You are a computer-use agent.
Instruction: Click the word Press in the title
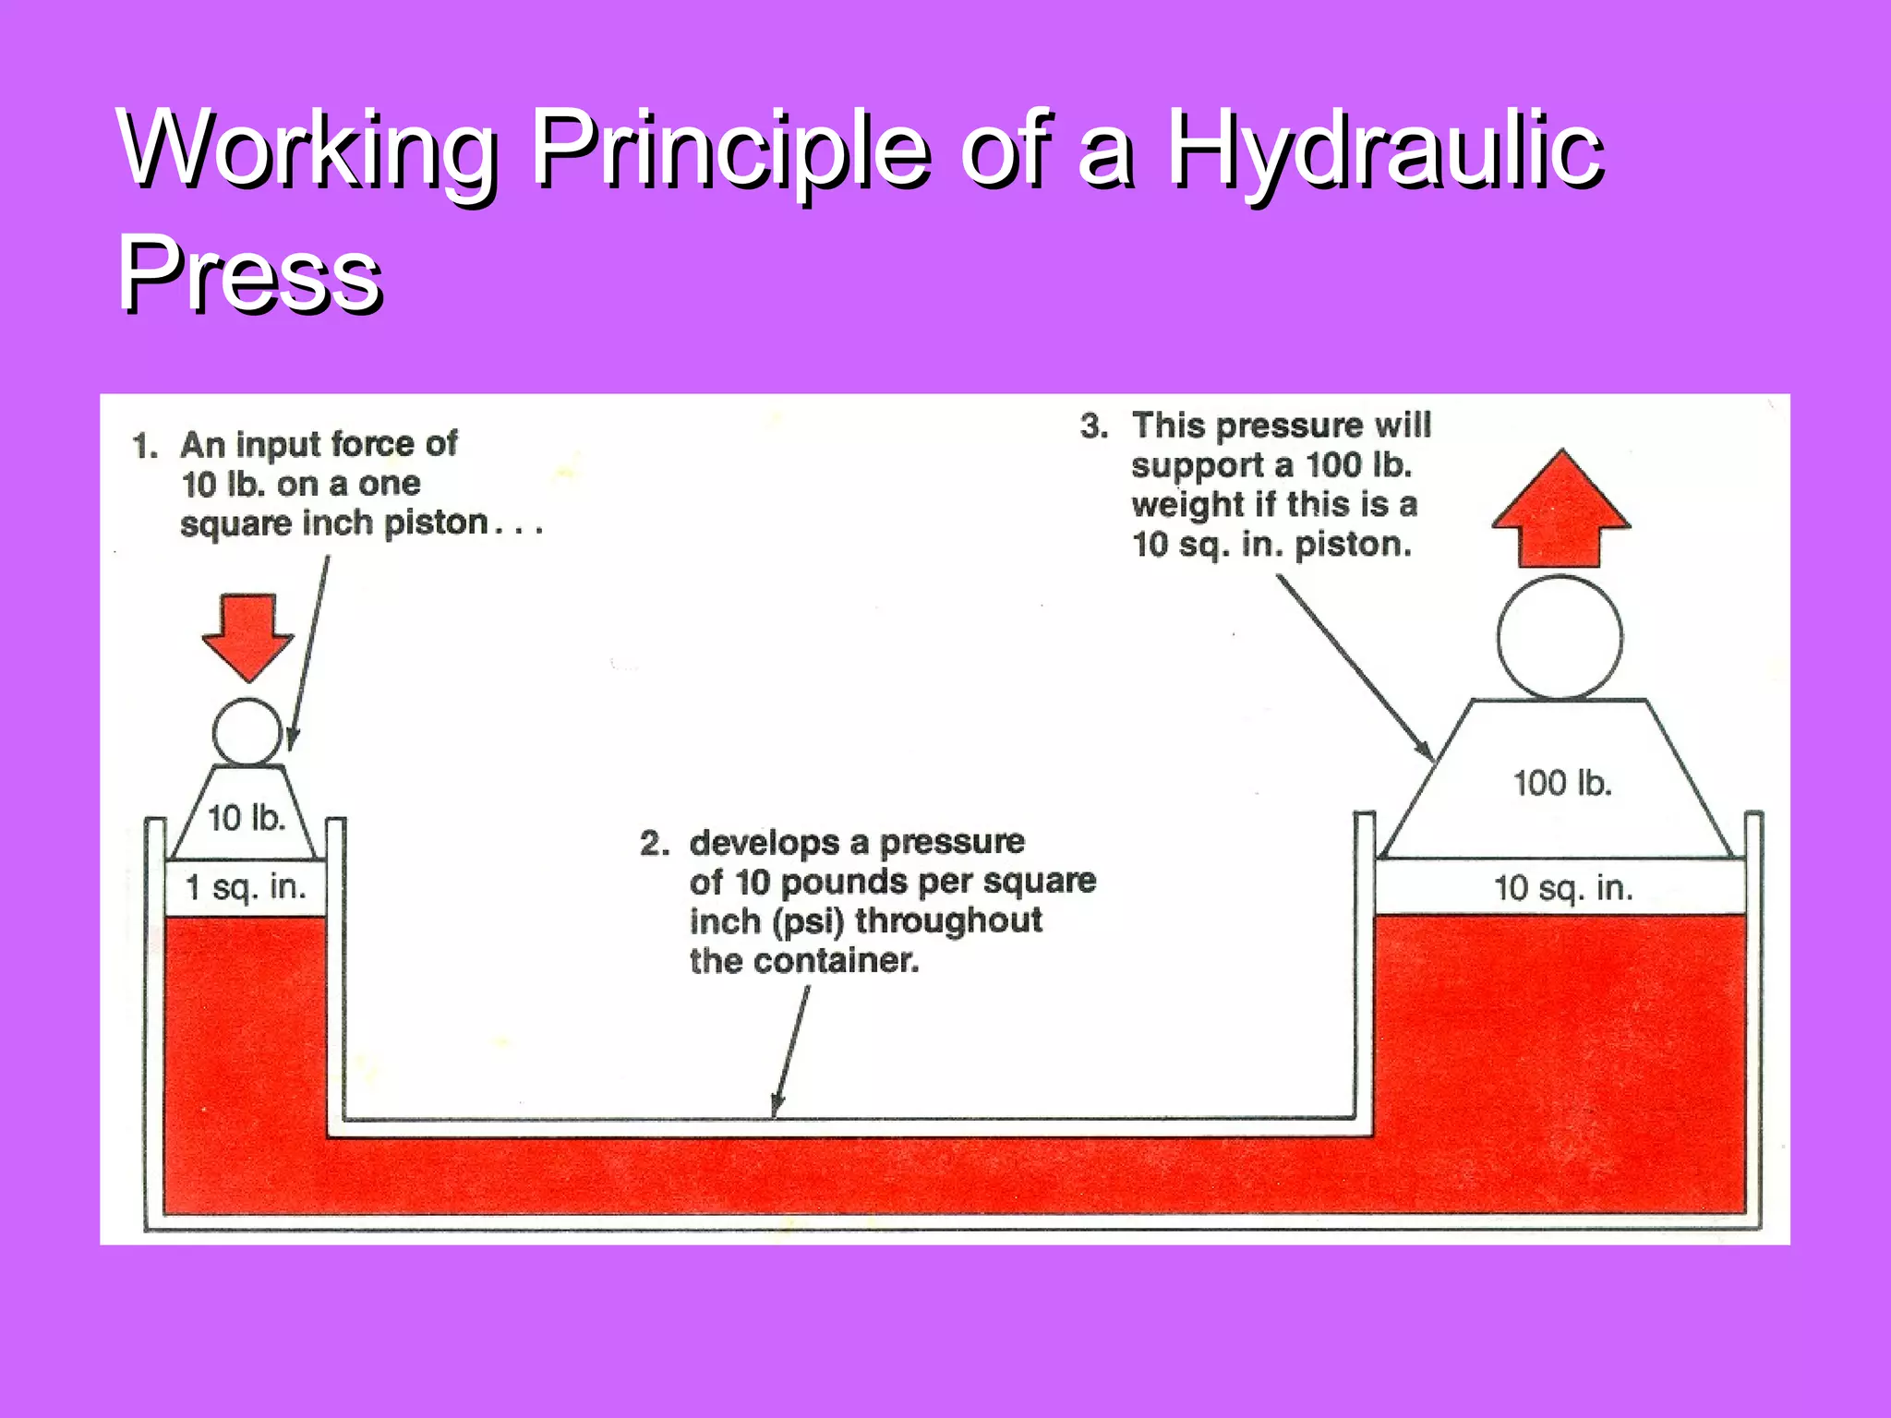click(x=249, y=273)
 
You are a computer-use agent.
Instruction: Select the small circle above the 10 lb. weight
click(x=247, y=731)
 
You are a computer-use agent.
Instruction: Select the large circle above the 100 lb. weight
click(x=1560, y=637)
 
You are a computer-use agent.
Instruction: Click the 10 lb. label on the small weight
click(x=246, y=818)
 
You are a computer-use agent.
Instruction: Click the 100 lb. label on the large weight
click(x=1562, y=784)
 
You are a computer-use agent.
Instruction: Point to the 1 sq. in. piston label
click(x=246, y=888)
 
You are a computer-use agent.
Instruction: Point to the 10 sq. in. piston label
click(x=1563, y=888)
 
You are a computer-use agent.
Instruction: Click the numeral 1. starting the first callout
click(x=145, y=446)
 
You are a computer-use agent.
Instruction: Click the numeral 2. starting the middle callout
click(x=654, y=843)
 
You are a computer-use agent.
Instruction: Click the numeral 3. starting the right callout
click(x=1094, y=426)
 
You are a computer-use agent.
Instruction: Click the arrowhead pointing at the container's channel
click(x=777, y=1104)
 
